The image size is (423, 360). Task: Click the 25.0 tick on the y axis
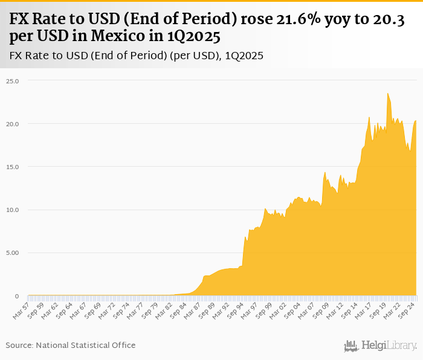pyautogui.click(x=13, y=81)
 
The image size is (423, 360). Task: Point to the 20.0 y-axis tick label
pyautogui.click(x=13, y=124)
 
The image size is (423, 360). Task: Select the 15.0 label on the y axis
pyautogui.click(x=13, y=167)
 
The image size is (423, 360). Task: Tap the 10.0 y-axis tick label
pyautogui.click(x=13, y=210)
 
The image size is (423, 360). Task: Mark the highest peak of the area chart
pyautogui.click(x=388, y=94)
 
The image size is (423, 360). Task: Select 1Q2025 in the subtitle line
pyautogui.click(x=244, y=56)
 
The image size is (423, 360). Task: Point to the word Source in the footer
pyautogui.click(x=19, y=345)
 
